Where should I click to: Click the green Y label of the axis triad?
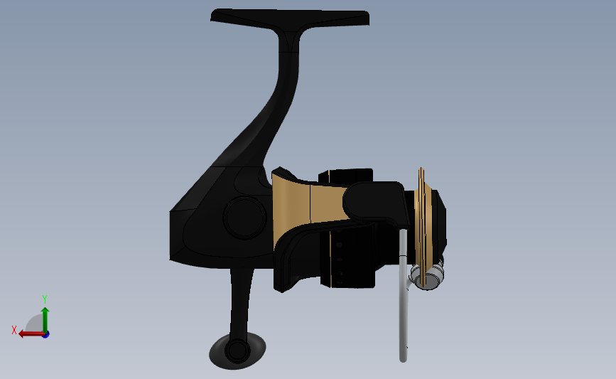(x=45, y=299)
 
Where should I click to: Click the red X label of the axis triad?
(x=14, y=330)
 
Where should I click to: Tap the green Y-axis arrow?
(x=45, y=320)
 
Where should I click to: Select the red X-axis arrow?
(x=32, y=334)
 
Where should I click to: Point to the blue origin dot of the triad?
(x=46, y=335)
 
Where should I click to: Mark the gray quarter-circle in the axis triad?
(x=35, y=324)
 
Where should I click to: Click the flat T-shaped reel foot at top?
(x=290, y=19)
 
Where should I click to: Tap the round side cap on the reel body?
(x=244, y=218)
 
